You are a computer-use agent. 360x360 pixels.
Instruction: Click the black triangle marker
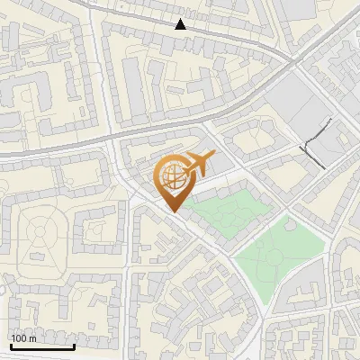tap(181, 24)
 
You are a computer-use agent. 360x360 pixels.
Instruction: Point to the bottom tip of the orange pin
tap(172, 211)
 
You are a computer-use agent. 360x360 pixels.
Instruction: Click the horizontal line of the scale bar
tap(42, 346)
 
